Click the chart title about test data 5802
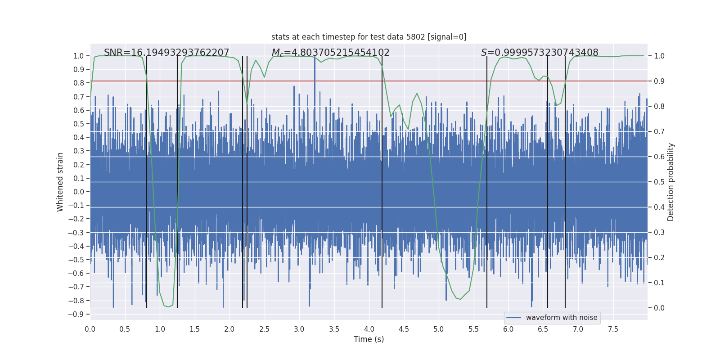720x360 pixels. tap(369, 37)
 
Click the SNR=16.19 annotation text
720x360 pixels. tap(166, 53)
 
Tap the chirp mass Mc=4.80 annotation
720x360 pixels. tap(330, 53)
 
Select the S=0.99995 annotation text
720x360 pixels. tap(540, 53)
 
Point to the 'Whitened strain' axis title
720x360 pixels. tap(60, 182)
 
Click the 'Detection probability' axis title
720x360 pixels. tap(671, 182)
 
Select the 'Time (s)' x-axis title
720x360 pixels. tap(369, 339)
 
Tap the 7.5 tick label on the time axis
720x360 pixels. tap(613, 329)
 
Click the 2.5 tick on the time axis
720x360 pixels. tap(264, 329)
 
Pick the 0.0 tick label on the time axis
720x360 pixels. tap(90, 329)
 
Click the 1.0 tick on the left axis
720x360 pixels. tap(78, 56)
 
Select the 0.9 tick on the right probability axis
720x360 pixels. tap(659, 81)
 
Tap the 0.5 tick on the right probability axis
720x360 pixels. tap(659, 182)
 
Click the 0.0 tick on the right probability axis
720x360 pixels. tap(659, 308)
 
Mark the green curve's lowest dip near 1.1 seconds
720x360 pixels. tap(168, 307)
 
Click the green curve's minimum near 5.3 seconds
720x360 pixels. tap(460, 299)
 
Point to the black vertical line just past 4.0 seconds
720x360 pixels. tap(382, 180)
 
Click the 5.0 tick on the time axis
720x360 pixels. tap(438, 329)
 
